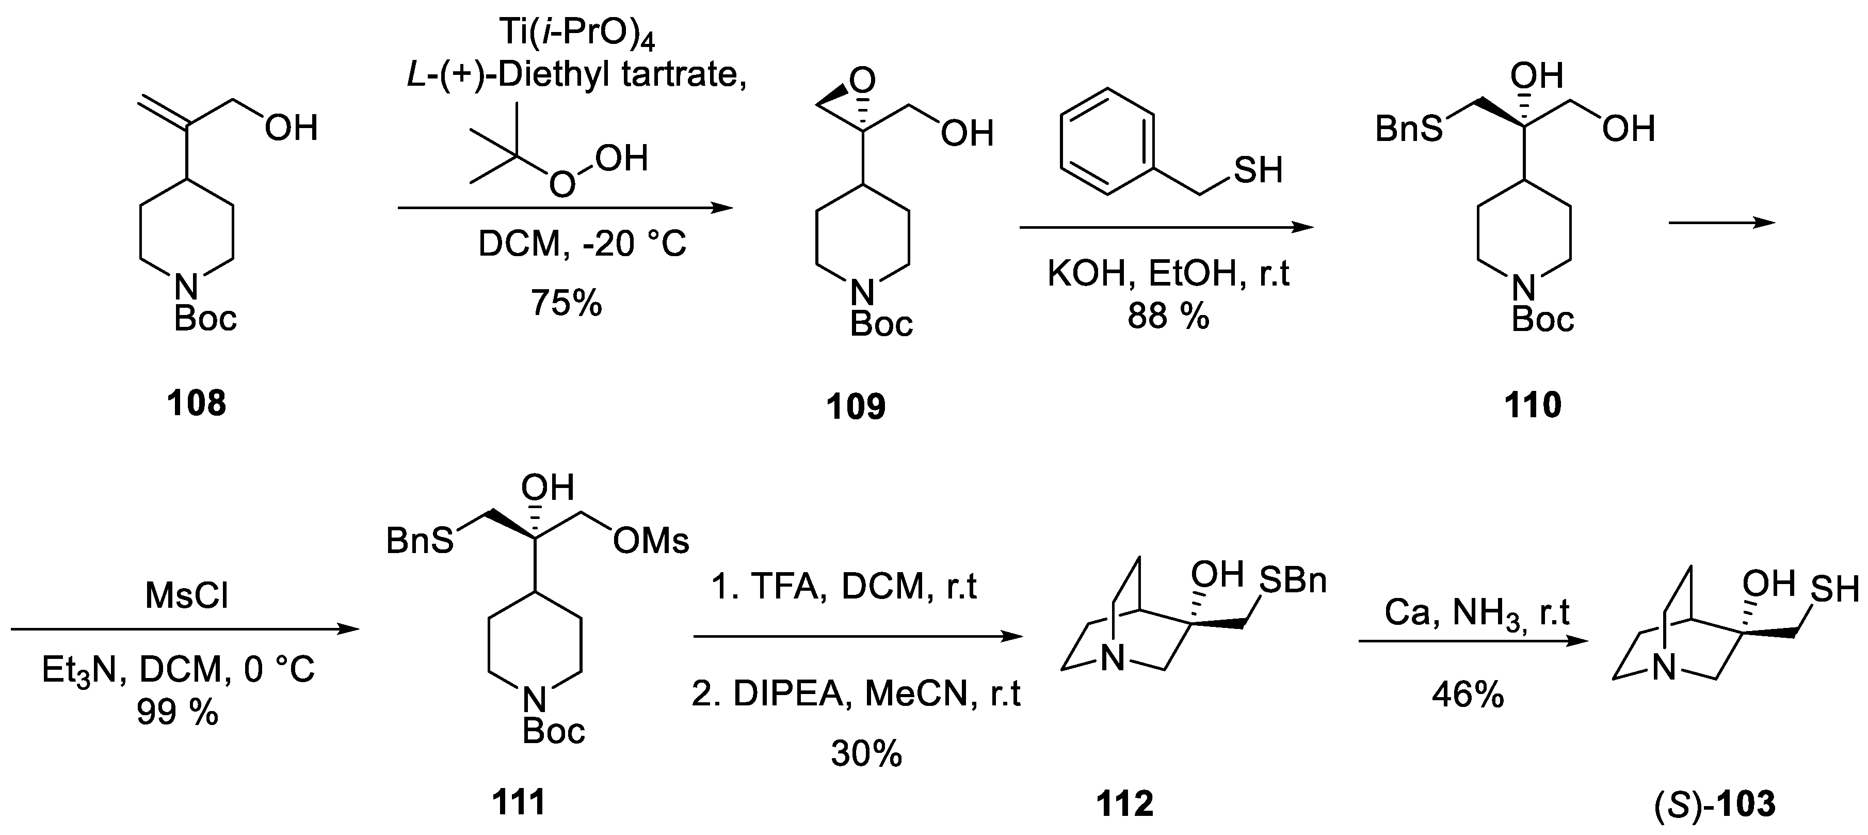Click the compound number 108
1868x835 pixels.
coord(197,403)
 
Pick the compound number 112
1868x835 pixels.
coord(1125,803)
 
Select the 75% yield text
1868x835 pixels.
coord(567,303)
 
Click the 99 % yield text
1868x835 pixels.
coord(178,713)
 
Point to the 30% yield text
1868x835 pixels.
coord(866,754)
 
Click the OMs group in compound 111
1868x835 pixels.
coord(651,541)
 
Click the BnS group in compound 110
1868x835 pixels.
coord(1409,130)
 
